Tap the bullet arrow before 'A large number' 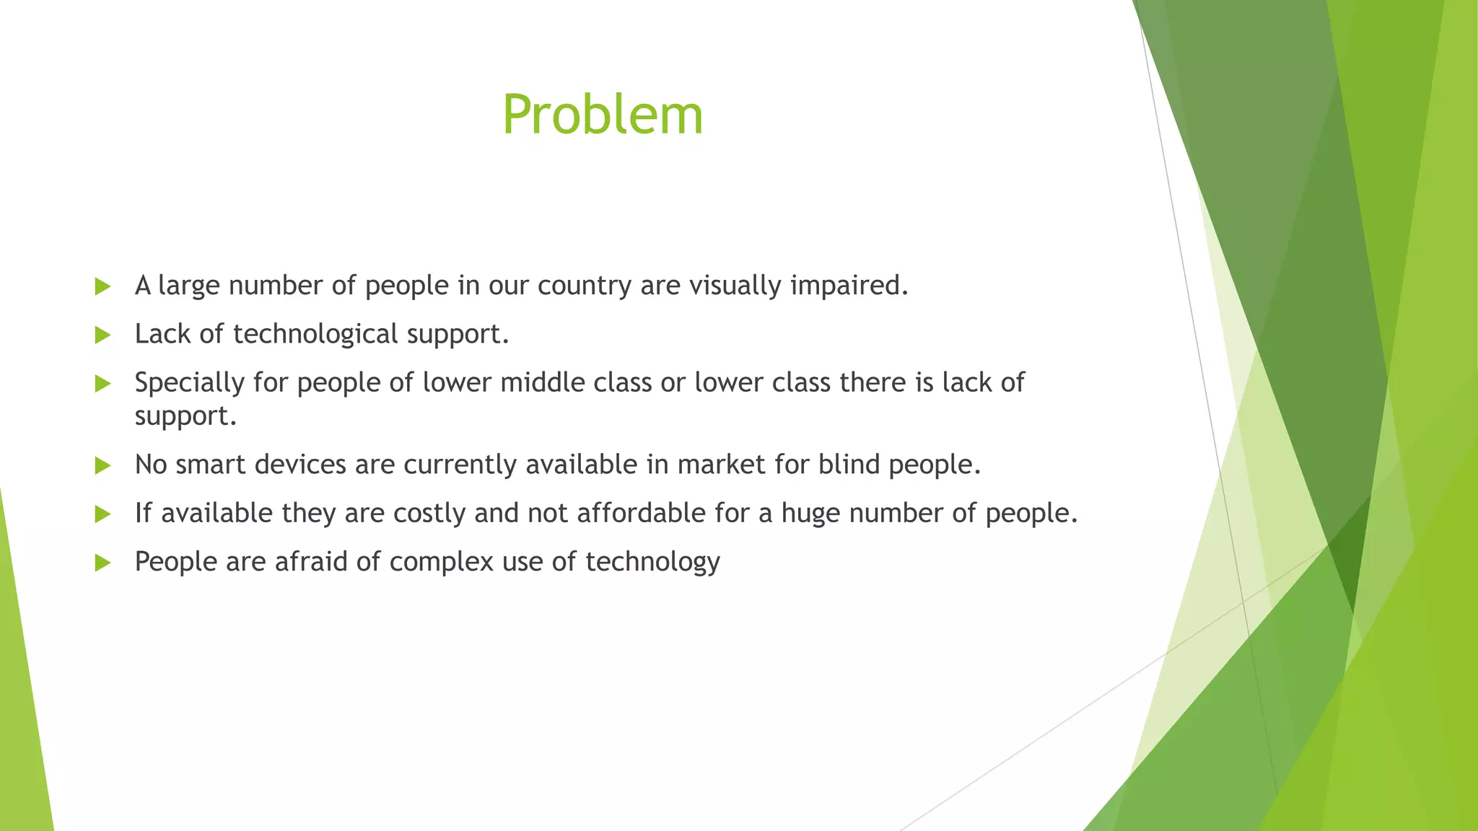pos(102,286)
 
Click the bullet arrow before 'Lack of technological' pos(102,335)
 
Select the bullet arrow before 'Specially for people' pos(102,383)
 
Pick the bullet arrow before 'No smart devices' pos(102,465)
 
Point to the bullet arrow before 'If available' pos(102,514)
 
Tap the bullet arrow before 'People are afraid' pos(102,562)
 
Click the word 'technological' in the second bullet pos(315,334)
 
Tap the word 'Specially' pos(190,382)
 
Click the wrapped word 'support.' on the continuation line pos(185,416)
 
